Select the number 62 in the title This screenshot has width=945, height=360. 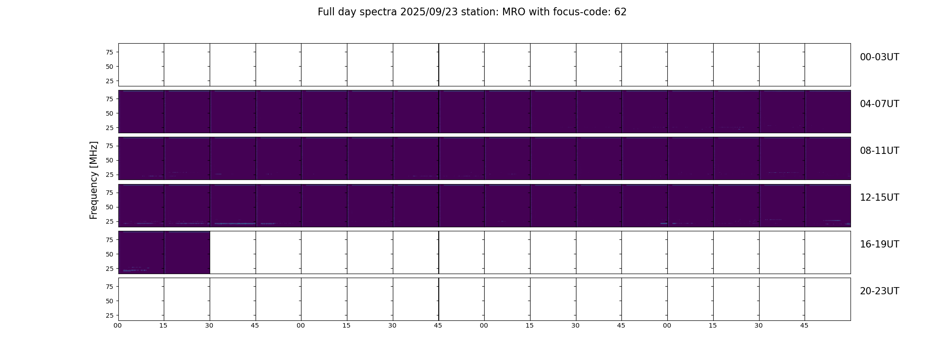[x=620, y=12]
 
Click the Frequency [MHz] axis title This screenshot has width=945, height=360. [x=94, y=180]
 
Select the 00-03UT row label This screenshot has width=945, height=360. [x=879, y=57]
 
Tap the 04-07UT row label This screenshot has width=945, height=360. [x=879, y=104]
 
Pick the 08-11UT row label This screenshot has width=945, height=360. [x=879, y=151]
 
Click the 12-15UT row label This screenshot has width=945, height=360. [x=879, y=198]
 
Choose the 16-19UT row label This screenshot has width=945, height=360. [x=879, y=244]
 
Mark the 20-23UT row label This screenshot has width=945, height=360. [x=879, y=291]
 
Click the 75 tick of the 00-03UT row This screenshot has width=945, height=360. [x=109, y=52]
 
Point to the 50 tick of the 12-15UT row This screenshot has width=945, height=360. [x=109, y=207]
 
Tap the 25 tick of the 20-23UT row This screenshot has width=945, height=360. [x=109, y=315]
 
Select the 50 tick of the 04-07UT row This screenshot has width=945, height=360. [x=109, y=113]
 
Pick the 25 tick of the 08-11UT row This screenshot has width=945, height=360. [x=109, y=175]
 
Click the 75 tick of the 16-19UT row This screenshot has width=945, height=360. [x=109, y=240]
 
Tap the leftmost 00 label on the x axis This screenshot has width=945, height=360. [x=117, y=325]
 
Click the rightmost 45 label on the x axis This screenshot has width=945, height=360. [x=804, y=325]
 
